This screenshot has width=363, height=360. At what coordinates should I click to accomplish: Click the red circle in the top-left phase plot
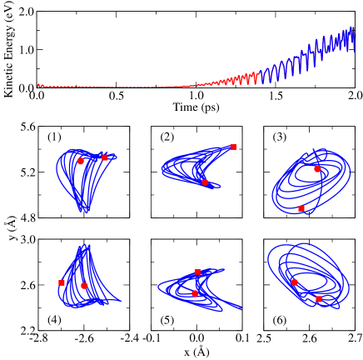point(81,161)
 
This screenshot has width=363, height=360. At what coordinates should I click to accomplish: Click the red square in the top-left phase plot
point(105,157)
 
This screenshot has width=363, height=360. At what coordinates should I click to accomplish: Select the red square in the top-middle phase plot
point(233,147)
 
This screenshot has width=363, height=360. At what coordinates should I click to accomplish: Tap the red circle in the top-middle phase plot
point(205,182)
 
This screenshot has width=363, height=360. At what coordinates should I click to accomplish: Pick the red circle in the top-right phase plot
point(317,168)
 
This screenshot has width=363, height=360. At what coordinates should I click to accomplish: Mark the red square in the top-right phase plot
point(301,208)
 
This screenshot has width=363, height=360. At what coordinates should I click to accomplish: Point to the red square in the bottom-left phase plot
point(62,282)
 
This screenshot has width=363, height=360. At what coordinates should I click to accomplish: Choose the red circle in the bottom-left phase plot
point(84,285)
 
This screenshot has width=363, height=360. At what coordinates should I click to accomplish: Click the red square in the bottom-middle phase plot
point(197,272)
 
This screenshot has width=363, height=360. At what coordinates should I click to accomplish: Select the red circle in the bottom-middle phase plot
point(195,292)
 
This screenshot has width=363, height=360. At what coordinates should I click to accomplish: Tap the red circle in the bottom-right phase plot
point(294,282)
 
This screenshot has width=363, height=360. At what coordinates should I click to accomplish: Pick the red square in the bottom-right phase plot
point(319,298)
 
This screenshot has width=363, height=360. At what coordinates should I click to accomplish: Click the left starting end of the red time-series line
point(37,85)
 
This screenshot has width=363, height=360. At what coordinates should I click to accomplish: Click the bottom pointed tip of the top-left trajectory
point(82,212)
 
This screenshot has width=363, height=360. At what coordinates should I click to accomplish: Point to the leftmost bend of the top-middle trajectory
point(162,171)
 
